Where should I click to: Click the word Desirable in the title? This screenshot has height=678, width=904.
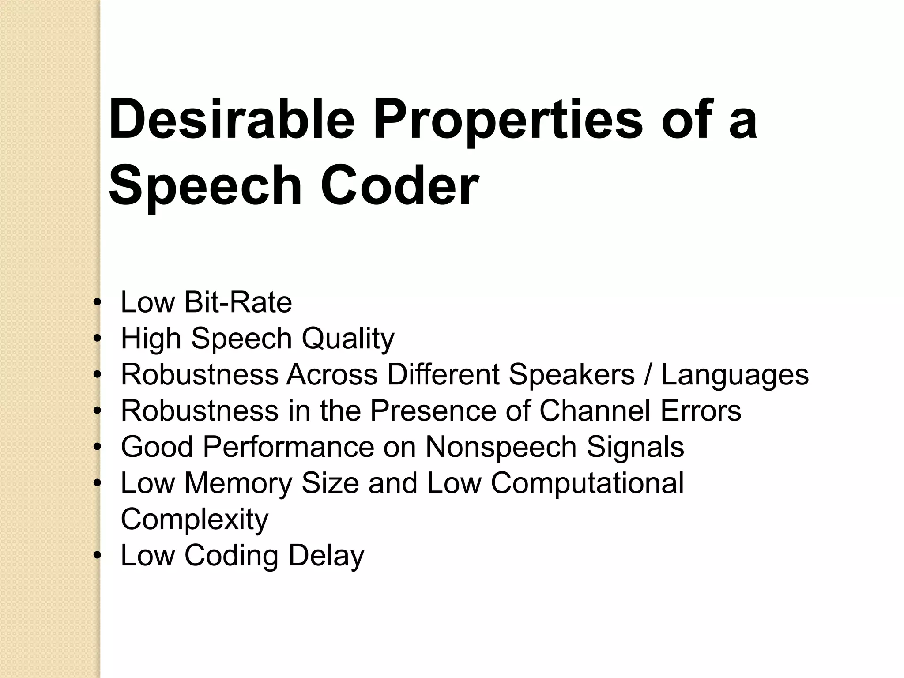click(x=232, y=120)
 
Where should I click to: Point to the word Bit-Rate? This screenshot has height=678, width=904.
click(x=238, y=302)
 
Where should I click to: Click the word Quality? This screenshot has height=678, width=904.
click(x=348, y=339)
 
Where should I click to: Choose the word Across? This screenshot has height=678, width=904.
click(x=332, y=375)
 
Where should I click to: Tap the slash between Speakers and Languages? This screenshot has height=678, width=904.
click(x=648, y=375)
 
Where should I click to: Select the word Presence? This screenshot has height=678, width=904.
click(x=433, y=411)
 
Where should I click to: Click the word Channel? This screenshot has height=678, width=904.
click(x=595, y=411)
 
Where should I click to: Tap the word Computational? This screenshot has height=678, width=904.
click(x=587, y=483)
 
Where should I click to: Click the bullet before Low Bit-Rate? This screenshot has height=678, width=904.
click(x=98, y=303)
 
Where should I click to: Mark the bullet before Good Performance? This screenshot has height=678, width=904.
click(x=98, y=448)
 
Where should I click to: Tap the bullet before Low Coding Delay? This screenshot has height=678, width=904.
click(x=98, y=556)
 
